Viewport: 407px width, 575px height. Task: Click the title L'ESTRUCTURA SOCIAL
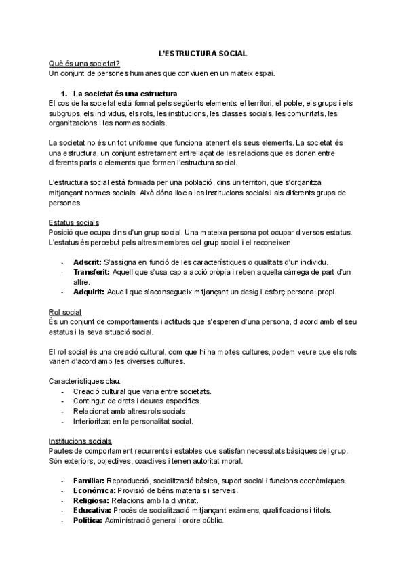point(203,53)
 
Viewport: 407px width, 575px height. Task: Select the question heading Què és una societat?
point(85,63)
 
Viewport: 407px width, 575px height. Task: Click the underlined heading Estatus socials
point(74,223)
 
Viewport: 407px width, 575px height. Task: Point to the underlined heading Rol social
point(65,312)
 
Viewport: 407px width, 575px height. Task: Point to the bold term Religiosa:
point(93,500)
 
